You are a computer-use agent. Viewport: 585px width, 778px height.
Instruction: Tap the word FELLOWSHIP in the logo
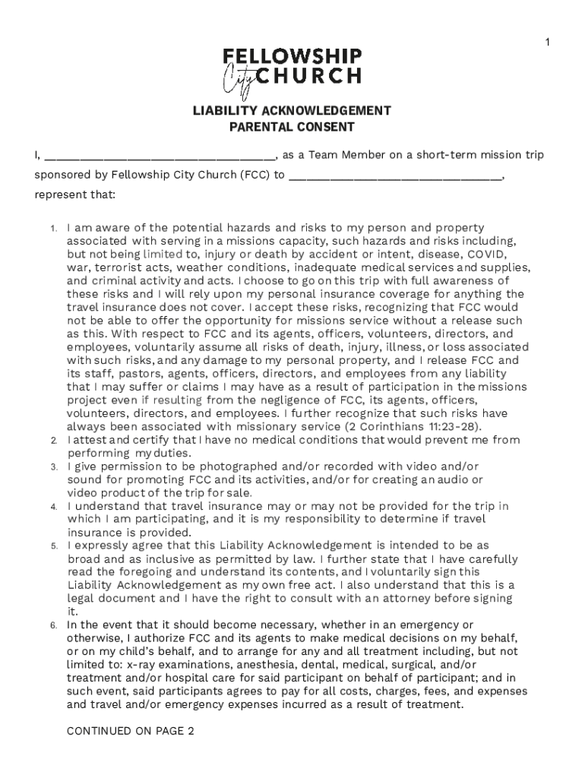[x=292, y=57]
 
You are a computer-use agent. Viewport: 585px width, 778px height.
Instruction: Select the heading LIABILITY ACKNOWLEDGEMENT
[x=292, y=111]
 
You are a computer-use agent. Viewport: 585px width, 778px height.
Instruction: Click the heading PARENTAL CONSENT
[x=292, y=127]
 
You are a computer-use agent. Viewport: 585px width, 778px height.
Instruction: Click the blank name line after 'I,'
[x=159, y=157]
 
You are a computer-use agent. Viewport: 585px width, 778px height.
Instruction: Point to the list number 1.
[x=53, y=228]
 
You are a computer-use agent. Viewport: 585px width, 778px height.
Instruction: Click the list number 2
[x=53, y=441]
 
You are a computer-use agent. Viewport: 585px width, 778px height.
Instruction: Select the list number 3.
[x=53, y=466]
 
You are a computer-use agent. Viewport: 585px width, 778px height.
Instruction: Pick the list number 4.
[x=53, y=507]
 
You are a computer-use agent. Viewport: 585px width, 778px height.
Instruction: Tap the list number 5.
[x=53, y=546]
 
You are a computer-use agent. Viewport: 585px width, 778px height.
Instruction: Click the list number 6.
[x=53, y=626]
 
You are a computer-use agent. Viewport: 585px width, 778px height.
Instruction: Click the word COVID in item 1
[x=486, y=254]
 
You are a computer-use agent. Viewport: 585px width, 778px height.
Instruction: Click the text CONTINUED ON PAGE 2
[x=131, y=732]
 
